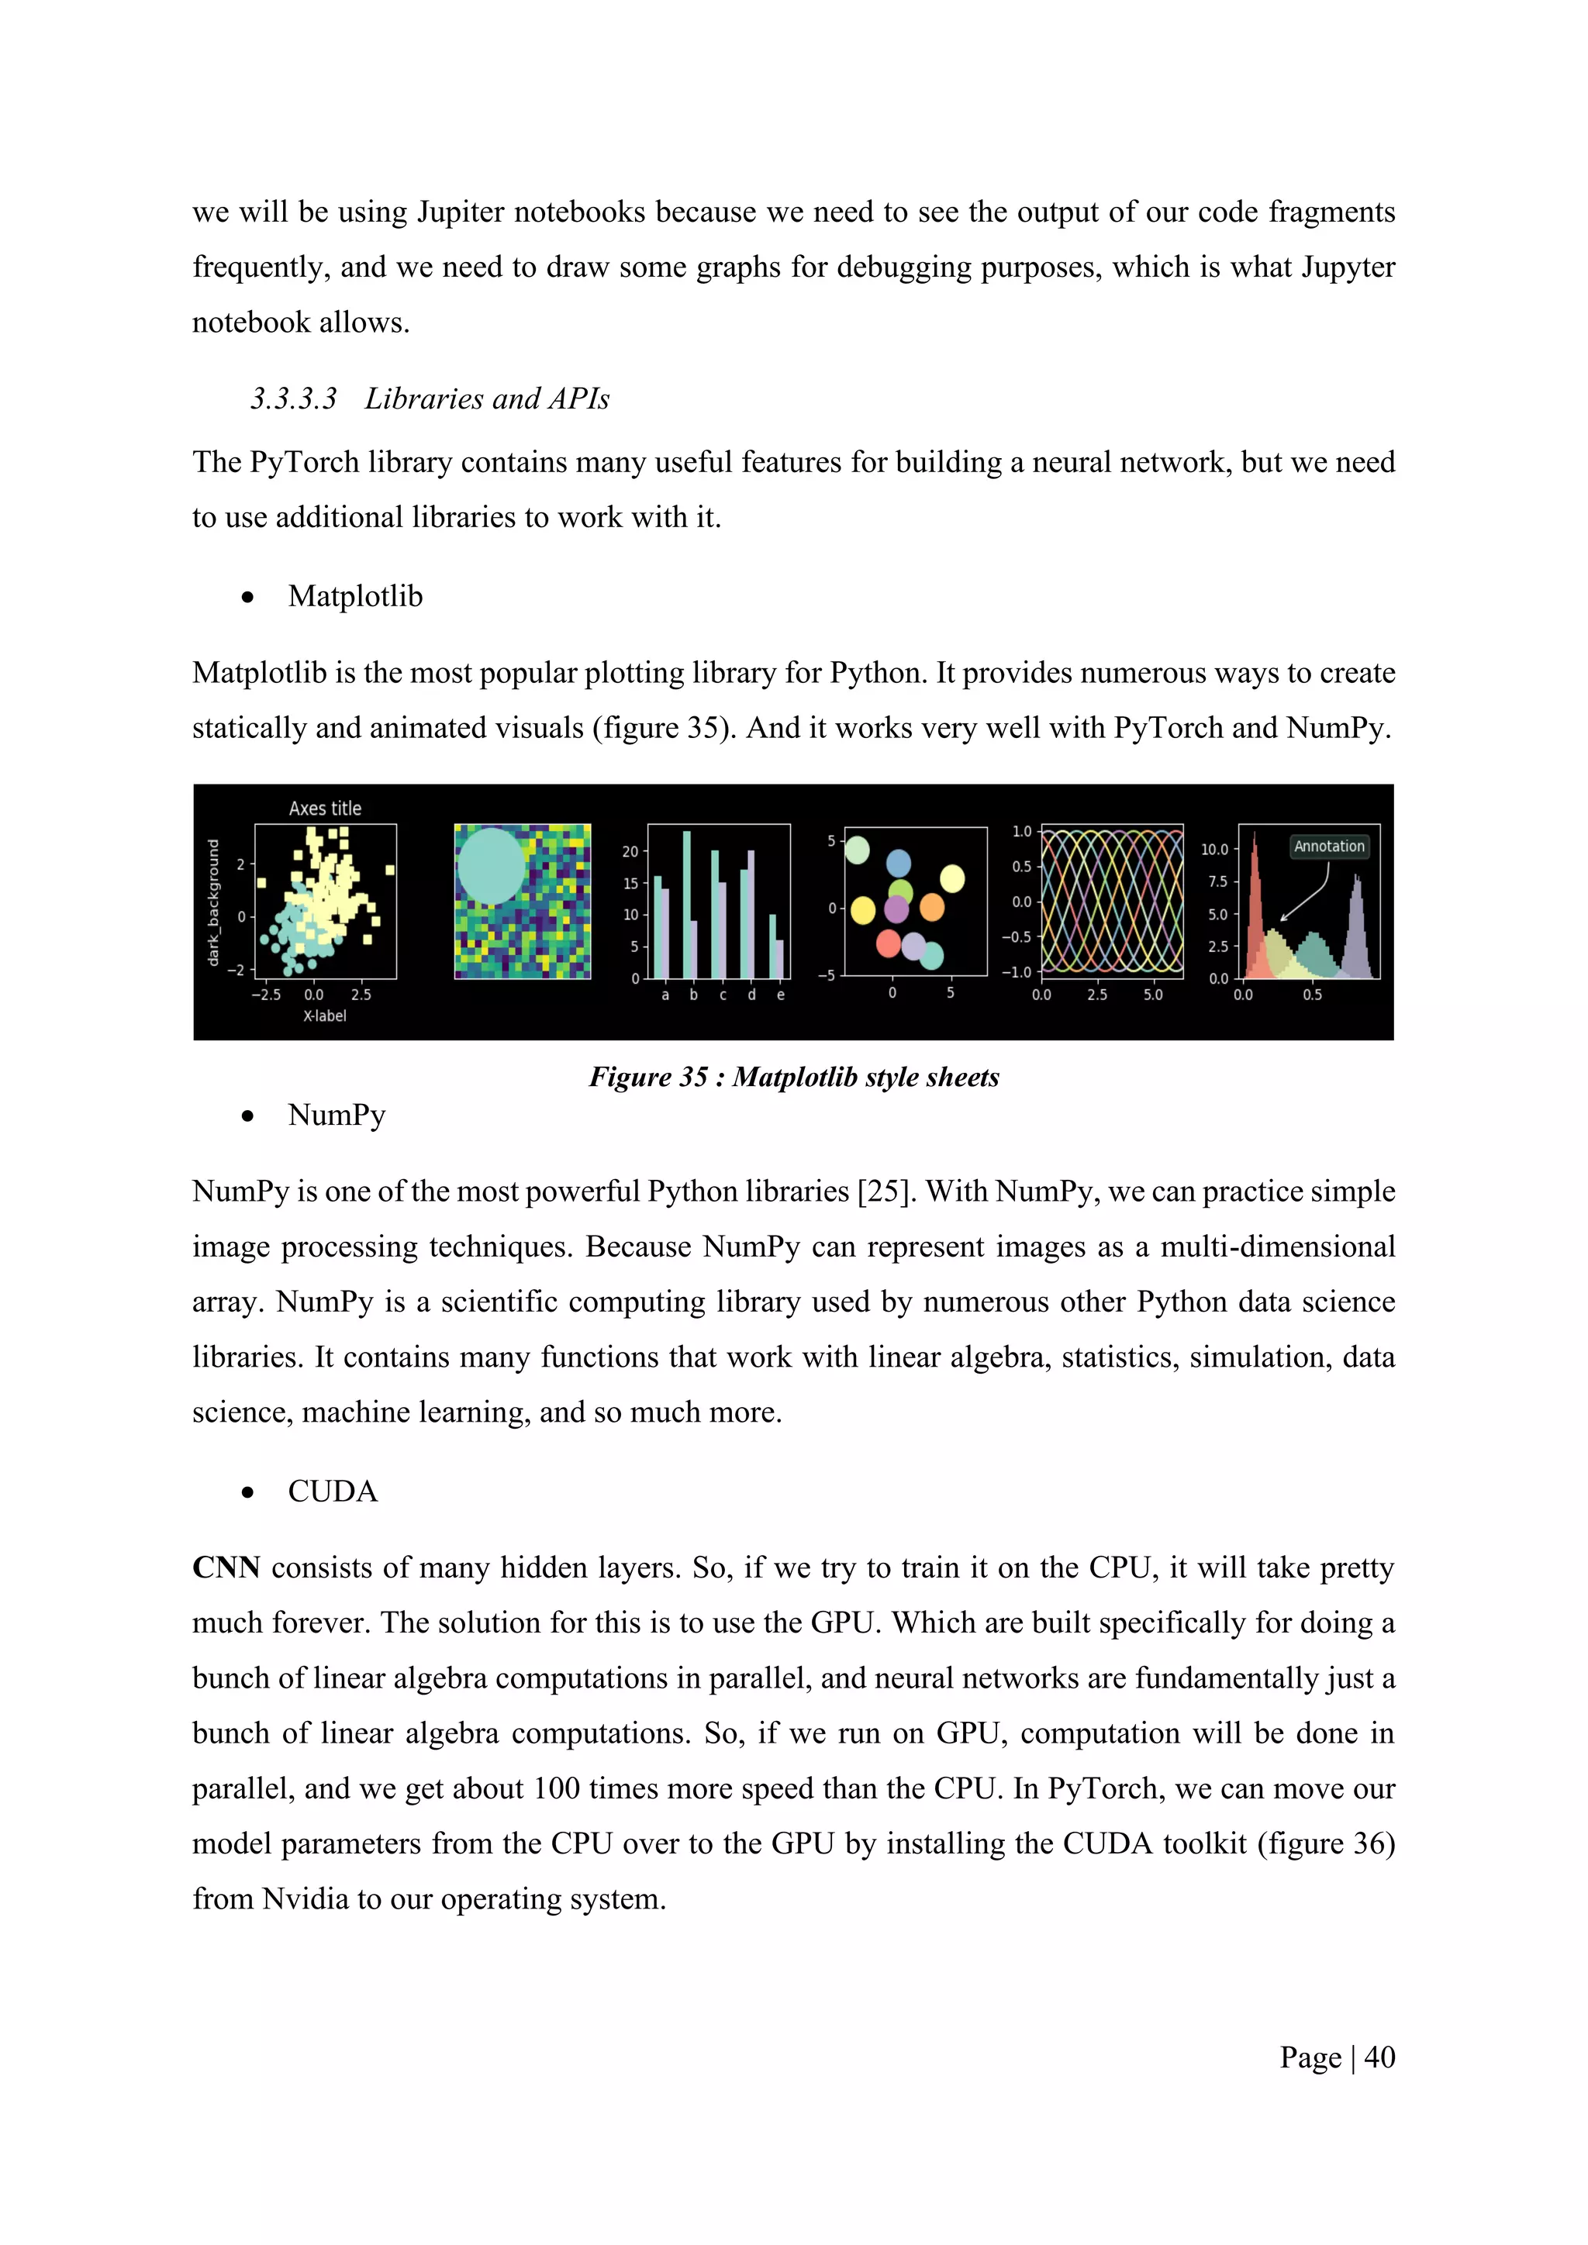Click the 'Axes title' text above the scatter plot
pos(325,809)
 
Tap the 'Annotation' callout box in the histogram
pos(1329,847)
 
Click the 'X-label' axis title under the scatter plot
pos(325,1016)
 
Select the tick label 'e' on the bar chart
pos(780,995)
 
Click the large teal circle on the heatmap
pos(492,865)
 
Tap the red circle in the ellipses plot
pos(888,943)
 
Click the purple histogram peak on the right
pos(1357,929)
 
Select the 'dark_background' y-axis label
pos(214,902)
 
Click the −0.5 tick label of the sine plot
pos(1016,936)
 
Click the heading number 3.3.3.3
pos(293,399)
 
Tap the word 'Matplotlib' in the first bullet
pos(355,596)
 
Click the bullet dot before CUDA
pos(248,1493)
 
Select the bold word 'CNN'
pos(226,1568)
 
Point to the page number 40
pos(1379,2058)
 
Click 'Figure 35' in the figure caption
pos(647,1078)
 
